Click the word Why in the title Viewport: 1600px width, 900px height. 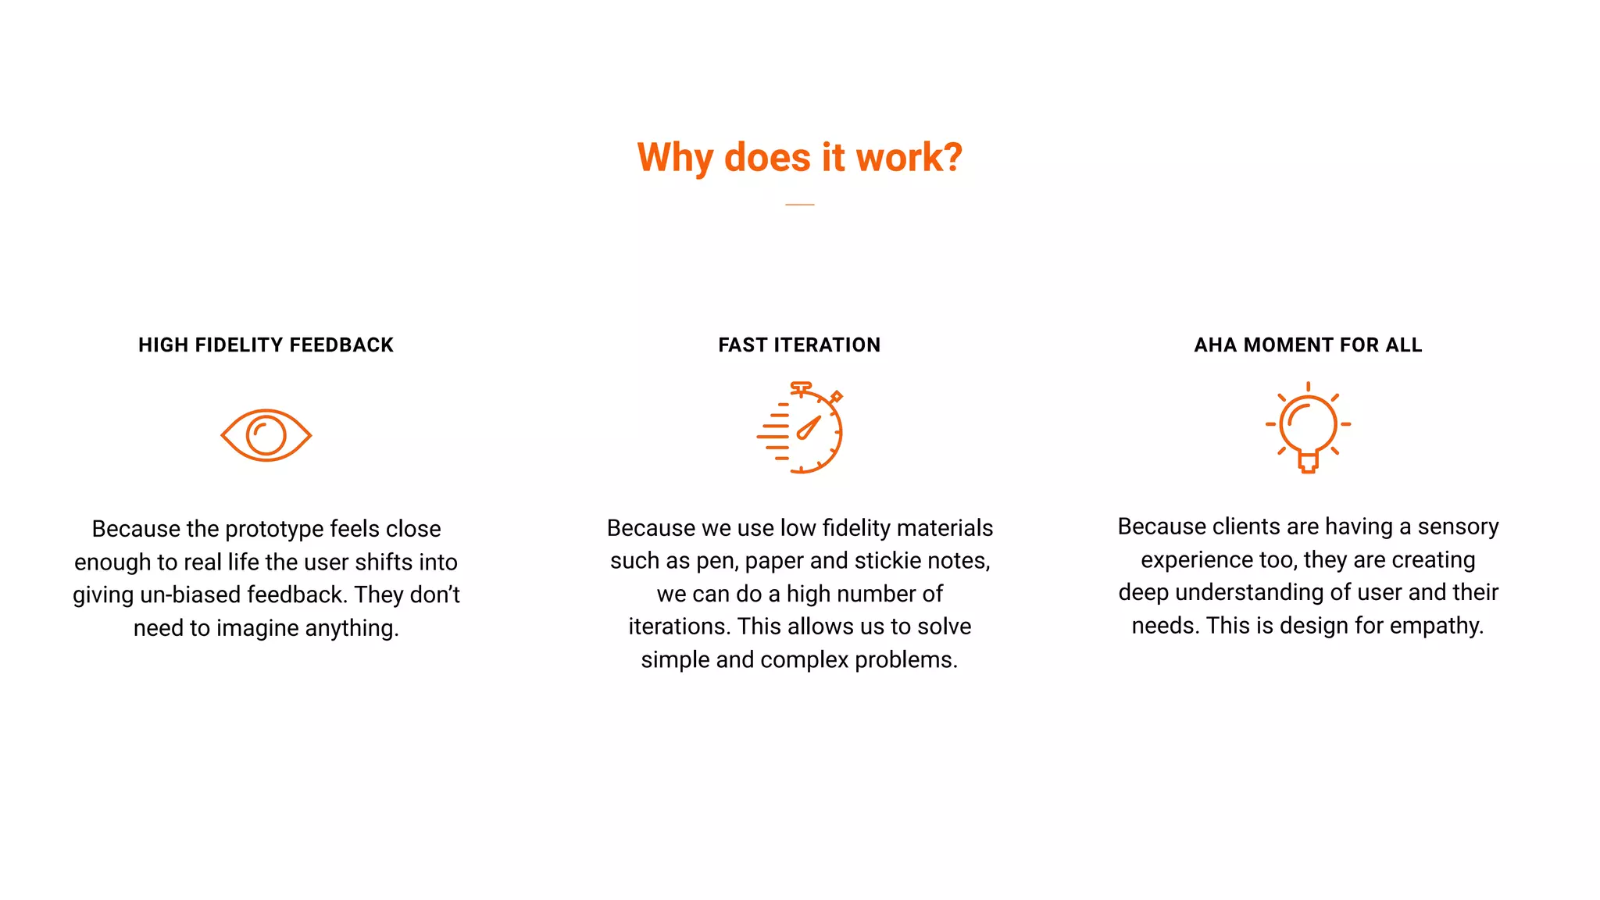pos(674,159)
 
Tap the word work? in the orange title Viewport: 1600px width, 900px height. pos(909,158)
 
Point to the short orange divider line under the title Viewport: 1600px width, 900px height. pos(799,205)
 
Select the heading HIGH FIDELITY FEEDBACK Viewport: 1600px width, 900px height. pos(266,345)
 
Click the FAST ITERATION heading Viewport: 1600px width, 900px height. pos(799,345)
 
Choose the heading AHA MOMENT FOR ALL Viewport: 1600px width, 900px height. pos(1308,345)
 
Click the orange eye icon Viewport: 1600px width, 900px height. pos(266,435)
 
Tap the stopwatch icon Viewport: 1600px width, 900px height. pos(801,428)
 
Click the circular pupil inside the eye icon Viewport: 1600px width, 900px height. pos(266,435)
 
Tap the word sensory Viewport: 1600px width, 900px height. pos(1458,527)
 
